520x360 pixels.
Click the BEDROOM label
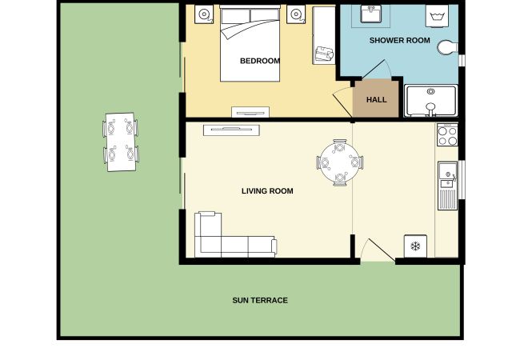(260, 61)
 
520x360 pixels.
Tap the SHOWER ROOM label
(400, 41)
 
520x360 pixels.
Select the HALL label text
(377, 100)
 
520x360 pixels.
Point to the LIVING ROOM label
(267, 191)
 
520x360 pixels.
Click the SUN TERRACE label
(260, 300)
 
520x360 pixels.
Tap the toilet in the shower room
(447, 47)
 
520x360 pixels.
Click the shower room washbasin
(370, 14)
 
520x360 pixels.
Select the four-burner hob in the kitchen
(447, 135)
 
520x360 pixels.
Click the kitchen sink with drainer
(447, 186)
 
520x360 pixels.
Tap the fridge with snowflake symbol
(415, 246)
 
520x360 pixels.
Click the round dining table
(339, 162)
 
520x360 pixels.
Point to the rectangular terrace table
(121, 142)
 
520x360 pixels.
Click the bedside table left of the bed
(204, 14)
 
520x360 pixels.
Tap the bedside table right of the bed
(296, 14)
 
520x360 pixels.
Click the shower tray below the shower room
(430, 101)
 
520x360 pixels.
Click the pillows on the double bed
(250, 16)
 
